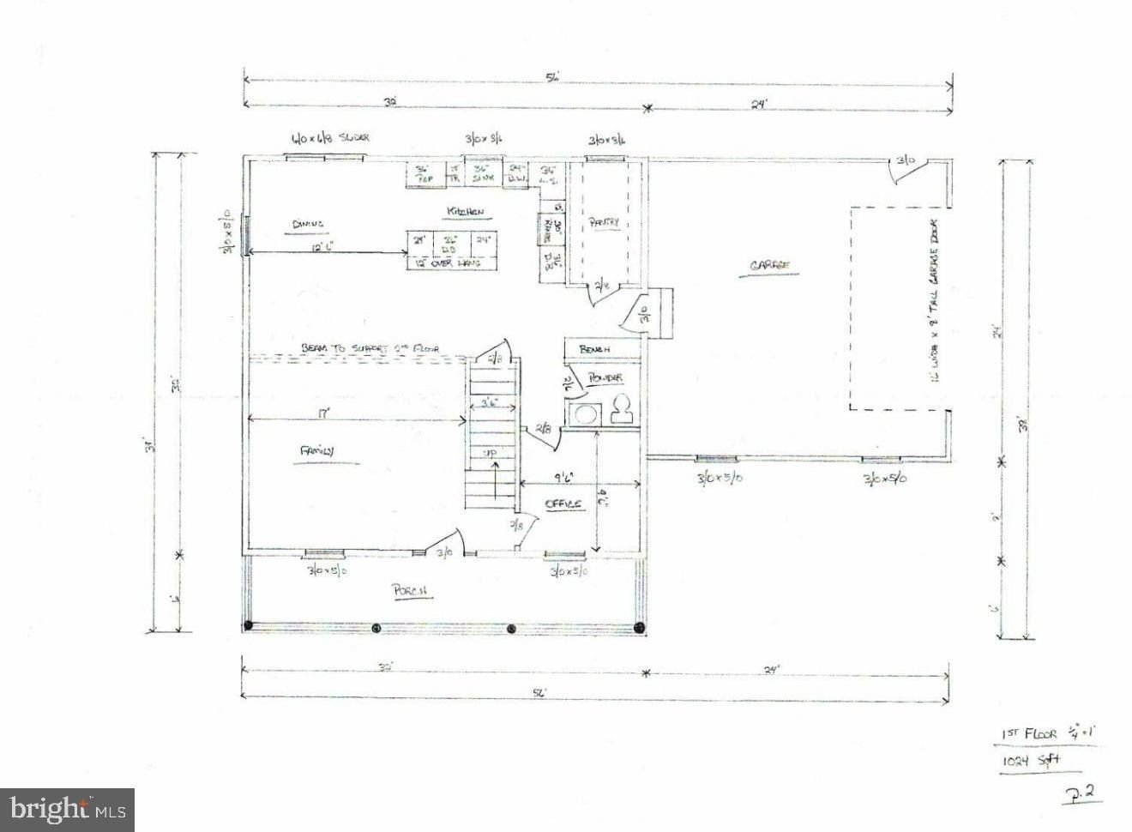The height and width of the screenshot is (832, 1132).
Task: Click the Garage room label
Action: [769, 267]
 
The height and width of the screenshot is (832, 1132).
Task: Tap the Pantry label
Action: [604, 222]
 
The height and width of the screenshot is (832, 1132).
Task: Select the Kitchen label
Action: [465, 212]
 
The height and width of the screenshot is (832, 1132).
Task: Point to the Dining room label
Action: [307, 224]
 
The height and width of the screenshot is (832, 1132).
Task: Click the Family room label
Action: [316, 450]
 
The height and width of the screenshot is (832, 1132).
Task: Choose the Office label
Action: [563, 503]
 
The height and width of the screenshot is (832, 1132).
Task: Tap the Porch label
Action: [410, 591]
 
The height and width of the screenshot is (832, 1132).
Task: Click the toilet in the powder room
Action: [623, 410]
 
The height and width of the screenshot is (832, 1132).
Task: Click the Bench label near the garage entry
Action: [594, 350]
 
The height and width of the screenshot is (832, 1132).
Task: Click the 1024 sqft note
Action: [1033, 760]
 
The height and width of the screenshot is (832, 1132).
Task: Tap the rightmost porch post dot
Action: [638, 628]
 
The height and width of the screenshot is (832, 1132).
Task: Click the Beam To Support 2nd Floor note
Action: [370, 349]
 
